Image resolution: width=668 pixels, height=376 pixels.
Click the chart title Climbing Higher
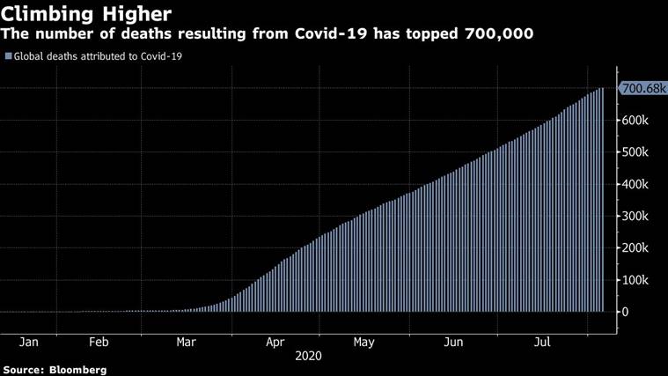tap(84, 14)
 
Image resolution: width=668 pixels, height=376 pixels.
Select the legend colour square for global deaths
tap(8, 56)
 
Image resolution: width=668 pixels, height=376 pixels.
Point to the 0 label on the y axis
tap(627, 312)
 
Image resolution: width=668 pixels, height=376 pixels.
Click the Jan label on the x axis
tap(27, 342)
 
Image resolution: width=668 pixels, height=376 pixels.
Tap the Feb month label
tap(99, 342)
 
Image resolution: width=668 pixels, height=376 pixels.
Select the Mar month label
tap(187, 342)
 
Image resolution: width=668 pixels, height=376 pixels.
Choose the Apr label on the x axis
tap(275, 342)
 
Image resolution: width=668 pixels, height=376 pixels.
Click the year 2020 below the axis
tap(308, 357)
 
